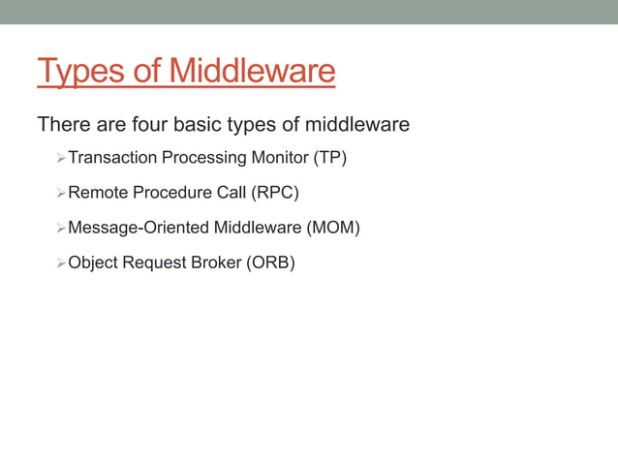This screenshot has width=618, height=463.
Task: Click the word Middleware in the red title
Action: point(251,72)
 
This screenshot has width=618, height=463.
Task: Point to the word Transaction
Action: point(112,158)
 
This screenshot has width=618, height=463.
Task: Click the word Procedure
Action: point(168,193)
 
